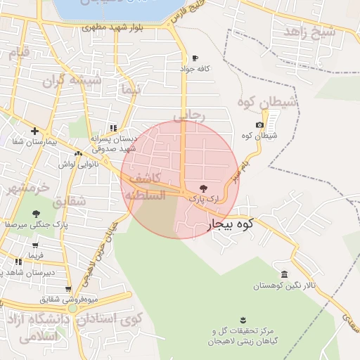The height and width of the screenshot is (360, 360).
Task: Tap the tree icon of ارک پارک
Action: tap(204, 188)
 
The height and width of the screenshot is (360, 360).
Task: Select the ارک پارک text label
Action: tap(204, 200)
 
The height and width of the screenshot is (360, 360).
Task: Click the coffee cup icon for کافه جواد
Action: tap(195, 58)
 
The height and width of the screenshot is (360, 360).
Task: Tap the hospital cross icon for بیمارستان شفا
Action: tap(34, 130)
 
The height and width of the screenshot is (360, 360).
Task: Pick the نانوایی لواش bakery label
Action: tap(77, 164)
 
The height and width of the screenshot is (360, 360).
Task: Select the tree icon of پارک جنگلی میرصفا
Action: tap(36, 214)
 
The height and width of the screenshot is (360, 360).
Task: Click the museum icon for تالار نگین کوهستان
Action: tap(284, 274)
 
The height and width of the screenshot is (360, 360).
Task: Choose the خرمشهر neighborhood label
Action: tap(26, 188)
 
